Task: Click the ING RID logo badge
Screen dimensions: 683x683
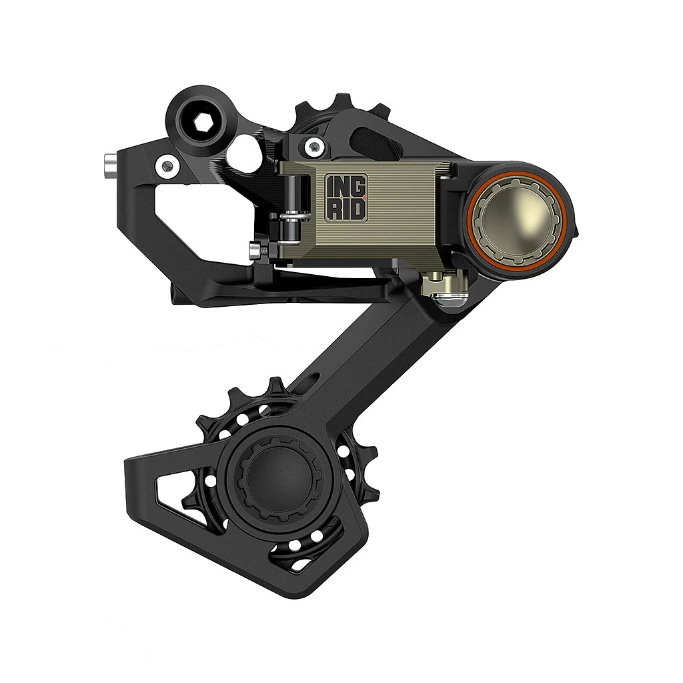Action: [x=346, y=197]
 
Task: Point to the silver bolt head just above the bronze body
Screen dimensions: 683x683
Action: [x=310, y=145]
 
